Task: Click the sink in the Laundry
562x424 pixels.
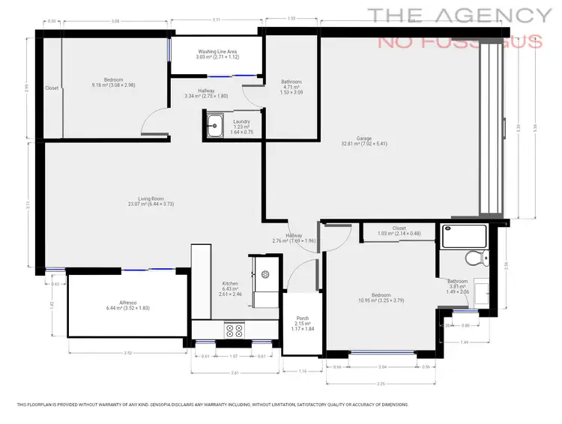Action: [215, 126]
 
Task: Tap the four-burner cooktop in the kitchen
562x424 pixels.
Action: [234, 329]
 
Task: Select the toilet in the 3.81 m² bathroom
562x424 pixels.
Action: [473, 259]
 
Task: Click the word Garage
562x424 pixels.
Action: [364, 139]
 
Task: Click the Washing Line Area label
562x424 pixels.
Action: [217, 51]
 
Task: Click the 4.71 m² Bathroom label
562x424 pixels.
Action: [291, 82]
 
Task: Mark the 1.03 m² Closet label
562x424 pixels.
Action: [398, 228]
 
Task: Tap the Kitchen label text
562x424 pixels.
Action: [230, 284]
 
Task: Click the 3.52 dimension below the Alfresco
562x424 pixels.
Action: [127, 353]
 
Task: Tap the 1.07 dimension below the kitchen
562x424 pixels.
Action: [234, 356]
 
